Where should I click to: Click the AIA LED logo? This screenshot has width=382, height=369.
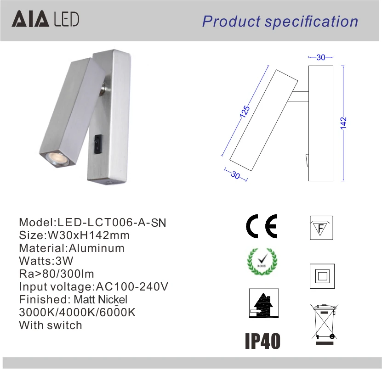[46, 19]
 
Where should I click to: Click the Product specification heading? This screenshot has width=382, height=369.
[280, 22]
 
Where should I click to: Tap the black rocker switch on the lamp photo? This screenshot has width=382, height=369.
[98, 144]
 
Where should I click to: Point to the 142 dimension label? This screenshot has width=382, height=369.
[343, 123]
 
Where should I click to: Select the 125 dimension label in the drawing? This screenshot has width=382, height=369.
[245, 112]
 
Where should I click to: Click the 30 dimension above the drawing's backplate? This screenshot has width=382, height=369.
[321, 57]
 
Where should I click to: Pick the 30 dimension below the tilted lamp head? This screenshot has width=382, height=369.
[235, 175]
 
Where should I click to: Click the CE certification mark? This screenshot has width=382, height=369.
[262, 226]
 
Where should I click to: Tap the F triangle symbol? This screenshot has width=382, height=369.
[321, 228]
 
